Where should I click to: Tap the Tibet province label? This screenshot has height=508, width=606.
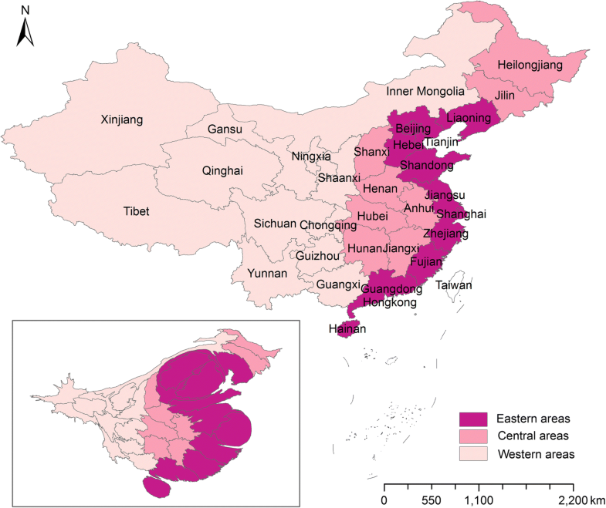coord(136,211)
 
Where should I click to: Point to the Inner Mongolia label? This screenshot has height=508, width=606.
coord(425,92)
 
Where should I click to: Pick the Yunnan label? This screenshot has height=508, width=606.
coord(267,274)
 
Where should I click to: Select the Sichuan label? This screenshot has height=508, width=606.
coord(275,224)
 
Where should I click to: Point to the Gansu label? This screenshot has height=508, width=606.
coord(225,130)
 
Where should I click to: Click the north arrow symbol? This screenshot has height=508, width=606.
coord(25,31)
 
